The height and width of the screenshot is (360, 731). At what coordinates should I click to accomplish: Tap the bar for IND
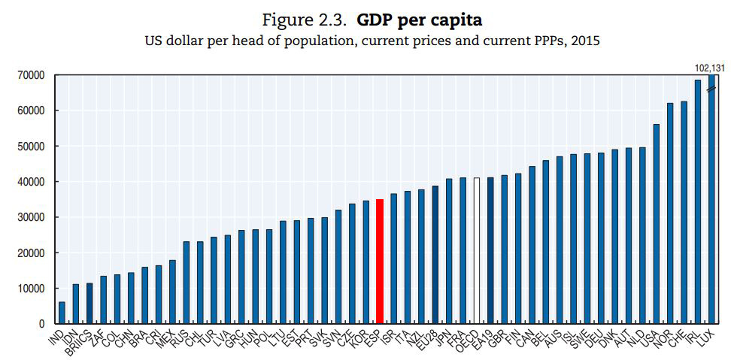pyautogui.click(x=62, y=313)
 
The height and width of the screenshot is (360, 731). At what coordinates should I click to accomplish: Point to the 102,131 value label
pyautogui.click(x=709, y=67)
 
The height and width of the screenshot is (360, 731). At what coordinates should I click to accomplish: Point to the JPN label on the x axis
pyautogui.click(x=443, y=337)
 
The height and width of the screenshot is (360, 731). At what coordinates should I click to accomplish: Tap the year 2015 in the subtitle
pyautogui.click(x=585, y=40)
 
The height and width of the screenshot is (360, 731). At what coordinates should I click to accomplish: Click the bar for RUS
pyautogui.click(x=187, y=283)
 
